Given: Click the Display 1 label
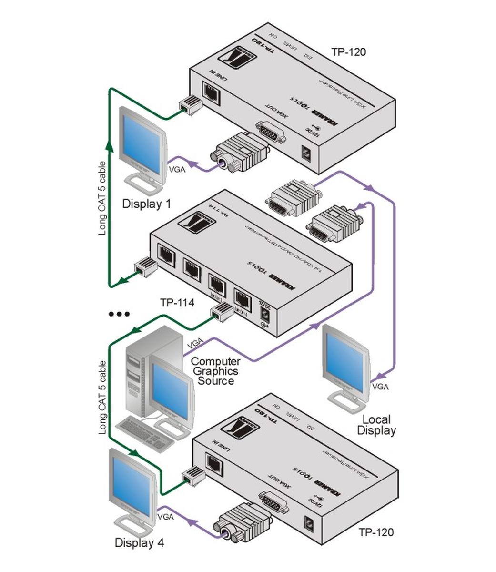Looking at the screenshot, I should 146,204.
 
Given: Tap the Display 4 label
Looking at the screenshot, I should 139,543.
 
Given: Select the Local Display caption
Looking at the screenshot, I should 376,425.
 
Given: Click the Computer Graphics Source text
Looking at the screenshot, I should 215,371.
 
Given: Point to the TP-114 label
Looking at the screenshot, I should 177,302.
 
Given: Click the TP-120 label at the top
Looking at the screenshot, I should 349,52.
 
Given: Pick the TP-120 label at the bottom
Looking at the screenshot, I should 376,532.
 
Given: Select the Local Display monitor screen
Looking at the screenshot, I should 345,355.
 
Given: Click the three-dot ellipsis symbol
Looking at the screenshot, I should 119,314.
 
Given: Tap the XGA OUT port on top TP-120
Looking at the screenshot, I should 271,131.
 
